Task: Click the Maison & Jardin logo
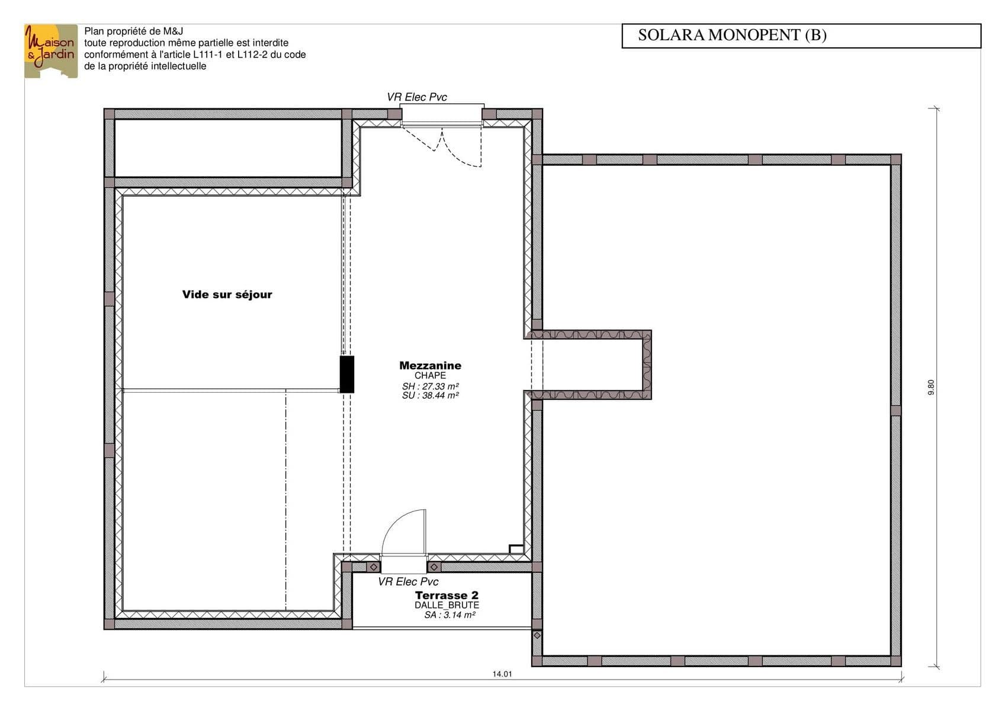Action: pyautogui.click(x=51, y=51)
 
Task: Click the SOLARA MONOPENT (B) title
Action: pyautogui.click(x=732, y=35)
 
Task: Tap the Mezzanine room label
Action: pyautogui.click(x=430, y=366)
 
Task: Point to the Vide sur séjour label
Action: pyautogui.click(x=227, y=294)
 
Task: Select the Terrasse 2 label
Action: pyautogui.click(x=447, y=595)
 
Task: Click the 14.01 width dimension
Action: pyautogui.click(x=502, y=674)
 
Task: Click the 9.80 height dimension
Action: pyautogui.click(x=931, y=387)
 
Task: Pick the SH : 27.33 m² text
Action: pyautogui.click(x=431, y=386)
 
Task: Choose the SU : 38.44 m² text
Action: pyautogui.click(x=431, y=395)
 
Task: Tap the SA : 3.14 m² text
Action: pyautogui.click(x=449, y=615)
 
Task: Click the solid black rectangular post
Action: pyautogui.click(x=346, y=374)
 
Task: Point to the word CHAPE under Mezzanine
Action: pyautogui.click(x=430, y=375)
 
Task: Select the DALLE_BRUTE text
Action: pyautogui.click(x=447, y=605)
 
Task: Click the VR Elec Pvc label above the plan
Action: pyautogui.click(x=417, y=97)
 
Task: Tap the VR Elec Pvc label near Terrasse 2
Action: pyautogui.click(x=408, y=582)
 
